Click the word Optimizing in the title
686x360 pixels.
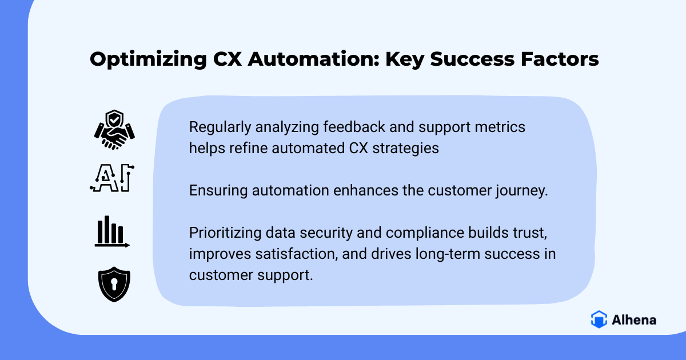(x=148, y=59)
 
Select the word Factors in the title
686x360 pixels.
(x=560, y=58)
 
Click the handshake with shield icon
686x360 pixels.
(x=114, y=130)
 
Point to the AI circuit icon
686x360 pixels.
(x=112, y=178)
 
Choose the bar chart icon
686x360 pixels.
(x=112, y=231)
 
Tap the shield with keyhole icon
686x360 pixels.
(x=114, y=284)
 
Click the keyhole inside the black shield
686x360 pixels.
(x=114, y=284)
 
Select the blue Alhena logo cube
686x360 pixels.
(x=599, y=319)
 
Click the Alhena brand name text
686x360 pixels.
(x=634, y=320)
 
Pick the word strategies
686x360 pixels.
(x=405, y=149)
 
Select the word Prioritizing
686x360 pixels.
(x=225, y=233)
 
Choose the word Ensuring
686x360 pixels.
(x=218, y=191)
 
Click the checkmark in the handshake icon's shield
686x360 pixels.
(x=114, y=120)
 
